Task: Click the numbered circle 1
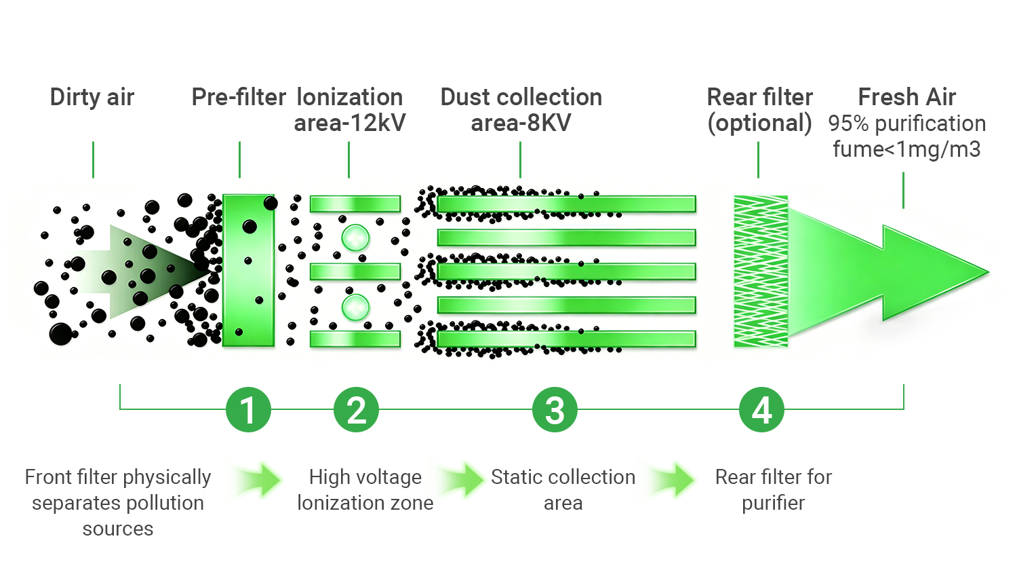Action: coord(248,409)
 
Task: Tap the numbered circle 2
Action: coord(357,409)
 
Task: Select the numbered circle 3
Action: coord(555,409)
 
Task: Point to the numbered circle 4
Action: coord(761,409)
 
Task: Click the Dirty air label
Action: coord(92,97)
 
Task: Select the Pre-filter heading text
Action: coord(239,97)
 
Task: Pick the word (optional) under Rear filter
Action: coord(760,124)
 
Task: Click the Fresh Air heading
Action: coord(907,97)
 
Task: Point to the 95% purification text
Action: coord(907,124)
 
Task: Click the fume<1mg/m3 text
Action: coord(907,149)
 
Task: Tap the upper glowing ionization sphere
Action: coord(355,238)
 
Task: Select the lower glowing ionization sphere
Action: coord(355,307)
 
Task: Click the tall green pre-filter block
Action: coord(248,271)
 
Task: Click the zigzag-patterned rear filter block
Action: coord(761,271)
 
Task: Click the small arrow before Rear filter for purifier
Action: coord(673,480)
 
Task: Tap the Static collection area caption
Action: coord(563,490)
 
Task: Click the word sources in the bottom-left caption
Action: coord(118,529)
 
